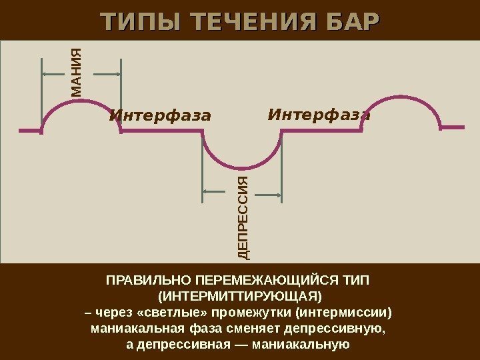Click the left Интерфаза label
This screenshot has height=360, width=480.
click(160, 116)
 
